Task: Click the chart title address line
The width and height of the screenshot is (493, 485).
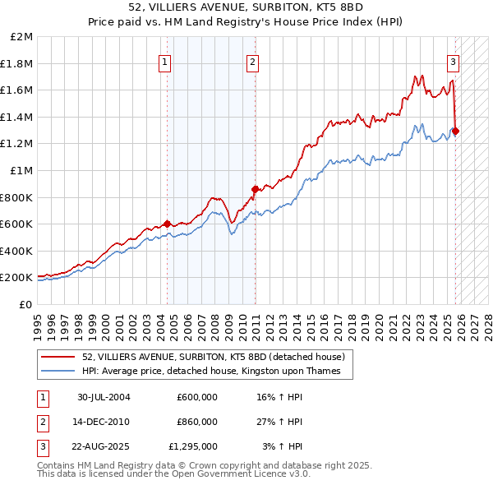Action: (246, 7)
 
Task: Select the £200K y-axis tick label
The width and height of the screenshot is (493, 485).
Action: (17, 278)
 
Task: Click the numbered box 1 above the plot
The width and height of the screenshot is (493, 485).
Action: (165, 61)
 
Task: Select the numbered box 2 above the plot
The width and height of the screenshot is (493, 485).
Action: (252, 61)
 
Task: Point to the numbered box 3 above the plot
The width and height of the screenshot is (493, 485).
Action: (453, 61)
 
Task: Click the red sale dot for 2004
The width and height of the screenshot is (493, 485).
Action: (168, 224)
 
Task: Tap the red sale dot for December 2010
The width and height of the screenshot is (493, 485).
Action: (255, 189)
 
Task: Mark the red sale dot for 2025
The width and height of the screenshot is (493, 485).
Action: (455, 131)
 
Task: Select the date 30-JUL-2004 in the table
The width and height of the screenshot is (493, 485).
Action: (104, 397)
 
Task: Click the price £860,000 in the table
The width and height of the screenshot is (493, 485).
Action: (197, 422)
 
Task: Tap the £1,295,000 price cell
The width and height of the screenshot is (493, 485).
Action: (194, 447)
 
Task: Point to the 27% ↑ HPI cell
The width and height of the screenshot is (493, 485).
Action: (280, 422)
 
